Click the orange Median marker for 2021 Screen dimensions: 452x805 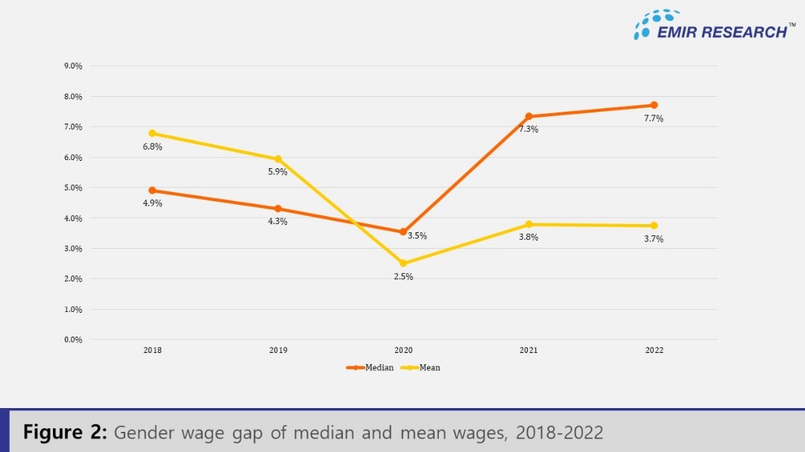(528, 116)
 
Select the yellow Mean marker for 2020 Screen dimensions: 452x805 (403, 263)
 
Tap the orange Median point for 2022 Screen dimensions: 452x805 (654, 105)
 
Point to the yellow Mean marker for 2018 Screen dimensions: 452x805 (152, 133)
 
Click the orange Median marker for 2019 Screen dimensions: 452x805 (278, 209)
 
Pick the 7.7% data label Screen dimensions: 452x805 (654, 118)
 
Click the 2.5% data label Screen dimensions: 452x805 (403, 277)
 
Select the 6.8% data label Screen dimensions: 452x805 (152, 147)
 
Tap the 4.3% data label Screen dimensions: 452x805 (278, 221)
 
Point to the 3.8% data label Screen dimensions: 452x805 (528, 238)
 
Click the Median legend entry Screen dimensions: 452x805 (370, 368)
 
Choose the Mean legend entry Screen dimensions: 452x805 (421, 368)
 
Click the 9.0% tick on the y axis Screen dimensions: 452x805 (72, 66)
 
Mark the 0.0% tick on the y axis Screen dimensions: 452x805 (72, 340)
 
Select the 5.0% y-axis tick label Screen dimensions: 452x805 (72, 188)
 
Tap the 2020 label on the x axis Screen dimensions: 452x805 (403, 350)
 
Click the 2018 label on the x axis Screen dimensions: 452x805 (152, 350)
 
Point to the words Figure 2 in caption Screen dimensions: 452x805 (66, 433)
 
